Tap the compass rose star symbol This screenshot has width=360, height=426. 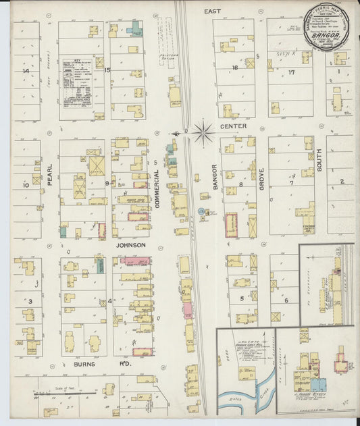coord(203,132)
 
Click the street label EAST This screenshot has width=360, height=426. coord(214,11)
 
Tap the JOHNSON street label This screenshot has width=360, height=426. coord(131,245)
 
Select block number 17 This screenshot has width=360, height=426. coord(292,72)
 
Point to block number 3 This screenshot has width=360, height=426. coord(30,301)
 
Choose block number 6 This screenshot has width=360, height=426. coord(286,300)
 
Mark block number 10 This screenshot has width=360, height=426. coord(26,184)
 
